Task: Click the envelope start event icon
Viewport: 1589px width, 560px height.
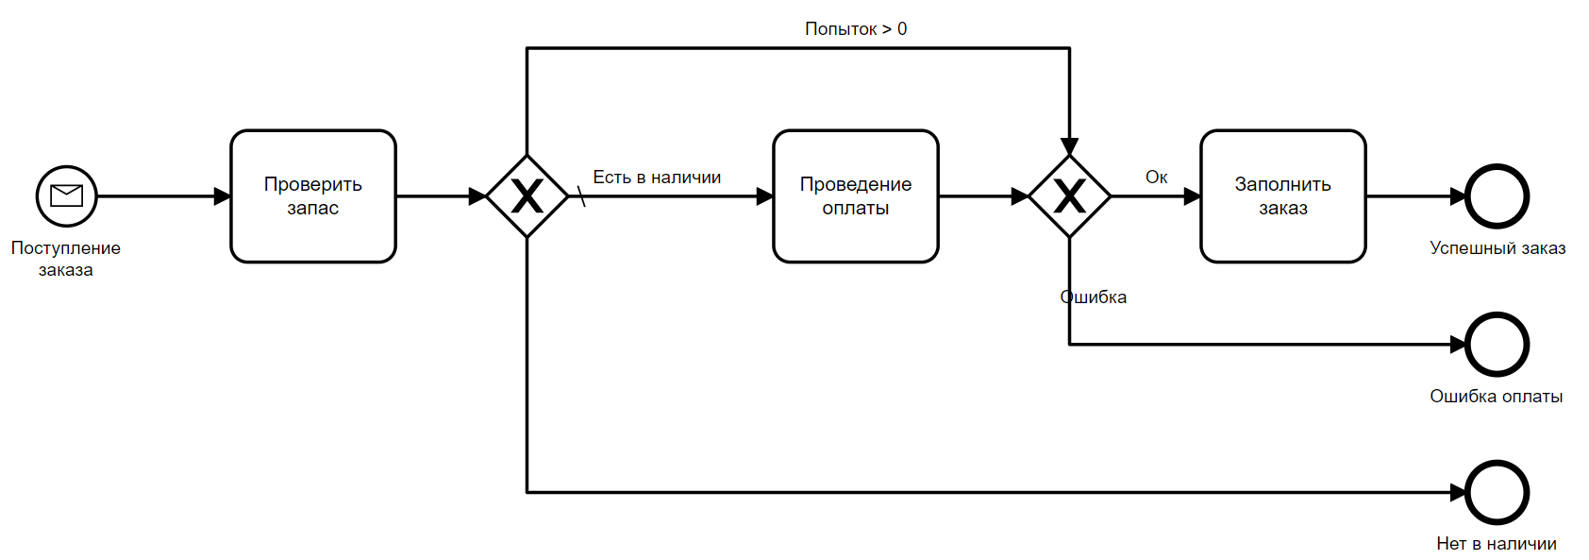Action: pos(66,195)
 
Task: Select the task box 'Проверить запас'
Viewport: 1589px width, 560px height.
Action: pos(312,195)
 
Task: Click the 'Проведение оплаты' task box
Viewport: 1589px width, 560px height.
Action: pos(855,195)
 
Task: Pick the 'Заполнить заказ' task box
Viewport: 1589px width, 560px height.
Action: pos(1282,195)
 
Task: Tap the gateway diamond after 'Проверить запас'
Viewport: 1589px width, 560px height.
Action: pos(527,196)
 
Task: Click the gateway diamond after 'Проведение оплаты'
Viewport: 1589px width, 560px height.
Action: pos(1069,196)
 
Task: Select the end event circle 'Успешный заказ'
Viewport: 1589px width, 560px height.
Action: pos(1497,196)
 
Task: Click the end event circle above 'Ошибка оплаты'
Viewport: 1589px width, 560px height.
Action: pos(1497,344)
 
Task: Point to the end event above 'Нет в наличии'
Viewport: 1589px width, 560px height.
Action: pos(1497,492)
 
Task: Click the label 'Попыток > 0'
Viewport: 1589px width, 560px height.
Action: pos(855,29)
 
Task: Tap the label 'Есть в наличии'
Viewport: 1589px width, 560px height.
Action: pos(657,178)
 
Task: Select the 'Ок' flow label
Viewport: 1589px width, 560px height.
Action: pos(1156,178)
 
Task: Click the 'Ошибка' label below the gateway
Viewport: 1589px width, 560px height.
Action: pos(1094,297)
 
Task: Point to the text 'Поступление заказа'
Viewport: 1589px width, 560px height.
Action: pos(66,259)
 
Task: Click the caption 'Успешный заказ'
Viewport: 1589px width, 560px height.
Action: pos(1497,248)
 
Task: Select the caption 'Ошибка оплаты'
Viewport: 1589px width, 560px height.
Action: pos(1496,397)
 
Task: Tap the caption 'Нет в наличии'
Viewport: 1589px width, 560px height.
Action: pos(1496,544)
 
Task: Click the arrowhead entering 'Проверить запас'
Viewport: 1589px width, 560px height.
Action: pos(223,196)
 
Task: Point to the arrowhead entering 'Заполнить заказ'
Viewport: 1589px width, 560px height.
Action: pos(1192,196)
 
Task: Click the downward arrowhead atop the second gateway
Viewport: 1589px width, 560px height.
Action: pos(1069,146)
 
